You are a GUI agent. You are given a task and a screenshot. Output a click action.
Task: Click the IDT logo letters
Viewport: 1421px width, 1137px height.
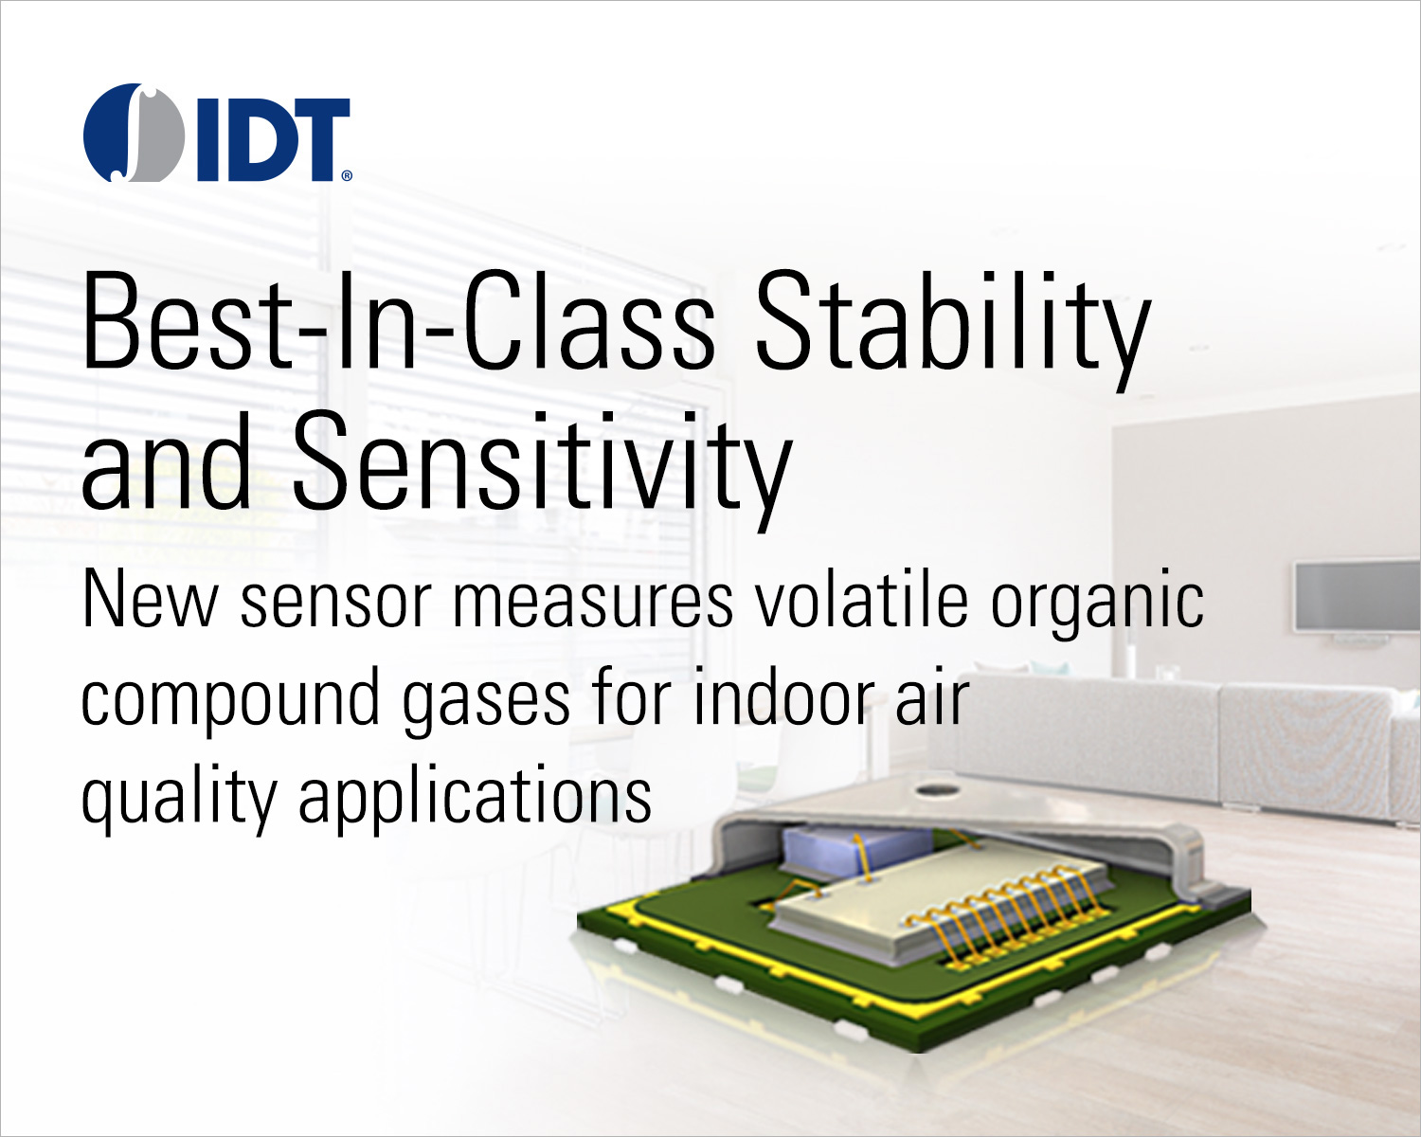pos(274,139)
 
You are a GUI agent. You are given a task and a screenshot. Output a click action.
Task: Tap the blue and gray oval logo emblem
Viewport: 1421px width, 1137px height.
pos(133,132)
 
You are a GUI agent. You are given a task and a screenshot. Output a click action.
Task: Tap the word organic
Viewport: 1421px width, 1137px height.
pos(1097,605)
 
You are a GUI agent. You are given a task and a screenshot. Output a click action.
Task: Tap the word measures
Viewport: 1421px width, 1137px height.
pos(592,605)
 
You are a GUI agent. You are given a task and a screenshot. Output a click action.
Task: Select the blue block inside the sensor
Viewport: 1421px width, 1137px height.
pos(856,848)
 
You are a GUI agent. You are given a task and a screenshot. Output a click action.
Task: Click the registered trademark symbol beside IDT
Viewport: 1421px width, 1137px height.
pos(347,175)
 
